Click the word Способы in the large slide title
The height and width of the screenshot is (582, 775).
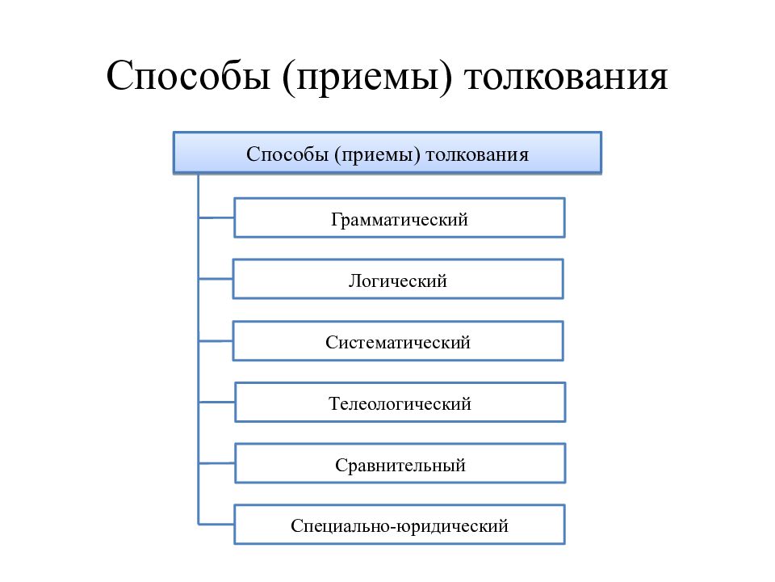coord(188,76)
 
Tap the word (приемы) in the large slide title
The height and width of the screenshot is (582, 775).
coord(367,78)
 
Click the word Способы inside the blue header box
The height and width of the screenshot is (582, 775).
coord(287,154)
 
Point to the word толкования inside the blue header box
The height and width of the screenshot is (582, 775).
coord(477,155)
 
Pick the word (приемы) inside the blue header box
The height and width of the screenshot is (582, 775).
coord(377,155)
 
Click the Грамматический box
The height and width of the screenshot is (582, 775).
coord(400,217)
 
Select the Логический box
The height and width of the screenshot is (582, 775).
coord(398,279)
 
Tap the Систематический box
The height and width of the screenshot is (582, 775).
coord(398,341)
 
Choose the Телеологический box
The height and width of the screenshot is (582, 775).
coord(400,403)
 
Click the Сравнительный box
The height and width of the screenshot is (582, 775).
coord(400,464)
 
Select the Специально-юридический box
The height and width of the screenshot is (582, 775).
coord(400,525)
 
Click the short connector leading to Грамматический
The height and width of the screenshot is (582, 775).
coord(216,217)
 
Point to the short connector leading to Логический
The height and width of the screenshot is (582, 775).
coord(216,279)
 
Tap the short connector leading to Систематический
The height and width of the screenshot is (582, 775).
coord(216,340)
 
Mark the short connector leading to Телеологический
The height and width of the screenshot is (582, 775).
coord(216,403)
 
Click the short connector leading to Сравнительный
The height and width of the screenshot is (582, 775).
coord(216,464)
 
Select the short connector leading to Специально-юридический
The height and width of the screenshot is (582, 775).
coord(216,524)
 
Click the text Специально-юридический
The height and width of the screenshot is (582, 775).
coord(400,526)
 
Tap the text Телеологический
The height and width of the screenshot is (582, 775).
coord(400,404)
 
